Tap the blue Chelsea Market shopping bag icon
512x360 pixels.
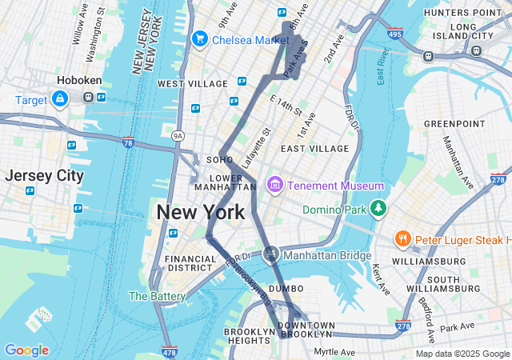(199, 38)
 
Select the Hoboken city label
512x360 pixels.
(78, 81)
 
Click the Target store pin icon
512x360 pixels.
(59, 98)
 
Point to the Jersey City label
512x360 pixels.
(44, 176)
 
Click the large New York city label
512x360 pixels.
(200, 212)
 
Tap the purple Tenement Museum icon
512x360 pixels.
(275, 186)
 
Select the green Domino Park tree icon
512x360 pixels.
(378, 210)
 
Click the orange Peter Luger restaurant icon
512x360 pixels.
(402, 239)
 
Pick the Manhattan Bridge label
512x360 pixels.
(328, 256)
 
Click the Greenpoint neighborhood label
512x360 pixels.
(454, 123)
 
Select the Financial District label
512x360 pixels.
(190, 264)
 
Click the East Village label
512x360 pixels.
(314, 148)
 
